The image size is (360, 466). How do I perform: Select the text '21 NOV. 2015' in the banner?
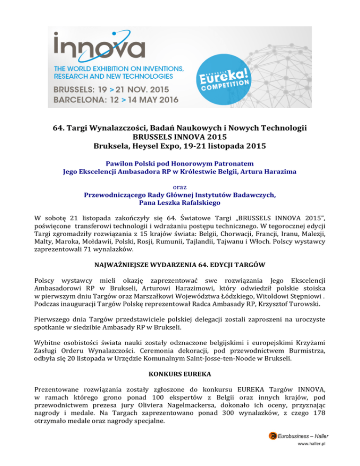point(143,88)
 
